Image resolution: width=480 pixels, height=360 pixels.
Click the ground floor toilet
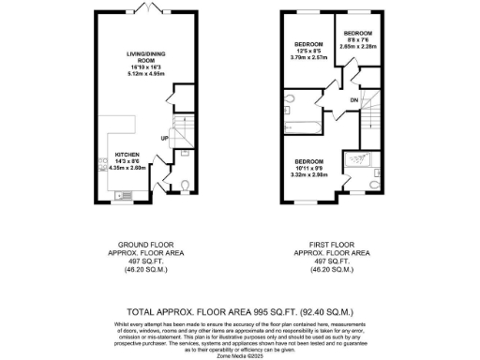coord(184,184)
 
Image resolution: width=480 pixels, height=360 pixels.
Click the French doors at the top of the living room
coord(145,7)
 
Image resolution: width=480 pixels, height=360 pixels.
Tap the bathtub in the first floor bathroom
coord(306,125)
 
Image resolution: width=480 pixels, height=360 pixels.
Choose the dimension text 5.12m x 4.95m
coord(145,75)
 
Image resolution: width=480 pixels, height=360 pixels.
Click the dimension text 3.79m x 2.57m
coord(309,58)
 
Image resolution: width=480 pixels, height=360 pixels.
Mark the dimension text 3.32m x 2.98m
coord(309,174)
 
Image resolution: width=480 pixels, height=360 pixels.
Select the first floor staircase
coord(372,117)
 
